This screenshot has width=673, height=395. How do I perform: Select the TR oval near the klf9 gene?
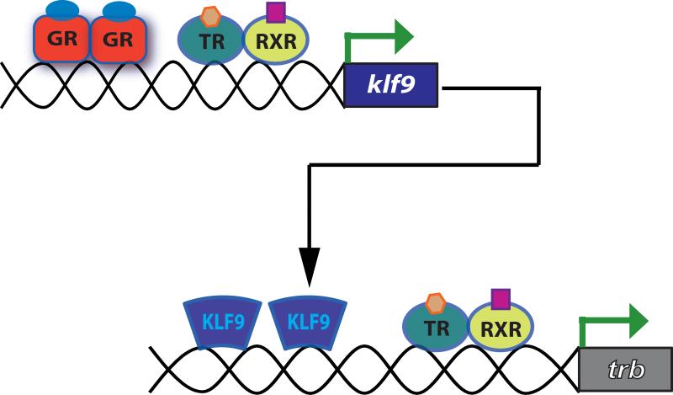211,40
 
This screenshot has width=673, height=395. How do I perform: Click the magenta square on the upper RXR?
275,12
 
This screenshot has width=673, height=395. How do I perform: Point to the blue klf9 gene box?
391,85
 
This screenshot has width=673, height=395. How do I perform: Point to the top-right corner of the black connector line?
538,87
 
